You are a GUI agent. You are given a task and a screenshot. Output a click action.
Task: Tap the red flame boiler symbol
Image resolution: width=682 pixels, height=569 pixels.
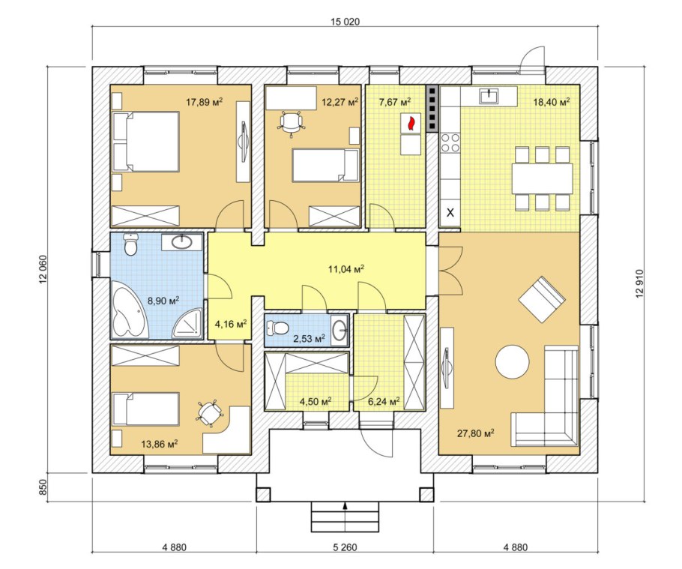pos(411,123)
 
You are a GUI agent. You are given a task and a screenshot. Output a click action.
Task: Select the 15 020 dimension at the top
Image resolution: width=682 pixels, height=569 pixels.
pos(345,22)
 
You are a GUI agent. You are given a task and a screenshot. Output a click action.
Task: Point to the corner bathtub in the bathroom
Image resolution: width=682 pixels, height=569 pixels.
pos(129,309)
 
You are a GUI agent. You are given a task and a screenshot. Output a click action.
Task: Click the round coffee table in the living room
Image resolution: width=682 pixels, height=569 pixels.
pos(513,362)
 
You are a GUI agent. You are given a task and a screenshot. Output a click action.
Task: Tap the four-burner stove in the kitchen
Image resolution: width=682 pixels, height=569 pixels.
pos(450,142)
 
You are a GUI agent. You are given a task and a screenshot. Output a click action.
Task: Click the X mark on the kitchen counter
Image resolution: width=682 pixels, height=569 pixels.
pos(450,213)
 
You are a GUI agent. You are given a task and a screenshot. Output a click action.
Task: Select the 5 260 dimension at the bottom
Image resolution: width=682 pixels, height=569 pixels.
pos(345,547)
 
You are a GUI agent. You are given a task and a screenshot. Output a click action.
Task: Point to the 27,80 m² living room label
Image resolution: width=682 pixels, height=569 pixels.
pos(475,433)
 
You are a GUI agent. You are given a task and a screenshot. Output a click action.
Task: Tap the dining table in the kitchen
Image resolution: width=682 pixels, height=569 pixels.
pos(542,178)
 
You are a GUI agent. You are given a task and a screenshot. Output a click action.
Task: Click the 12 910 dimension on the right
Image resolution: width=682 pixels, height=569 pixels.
pos(639,283)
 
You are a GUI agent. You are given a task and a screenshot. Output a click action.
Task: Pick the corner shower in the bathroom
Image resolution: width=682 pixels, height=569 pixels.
pos(188,323)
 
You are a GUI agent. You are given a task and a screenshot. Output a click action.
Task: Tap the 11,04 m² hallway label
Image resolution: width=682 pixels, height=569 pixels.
pos(345,269)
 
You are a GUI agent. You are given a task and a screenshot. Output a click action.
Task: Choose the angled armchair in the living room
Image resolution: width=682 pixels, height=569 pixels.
pos(542,299)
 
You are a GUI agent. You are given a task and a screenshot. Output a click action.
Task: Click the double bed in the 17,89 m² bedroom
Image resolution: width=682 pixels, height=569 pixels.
pos(146,142)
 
